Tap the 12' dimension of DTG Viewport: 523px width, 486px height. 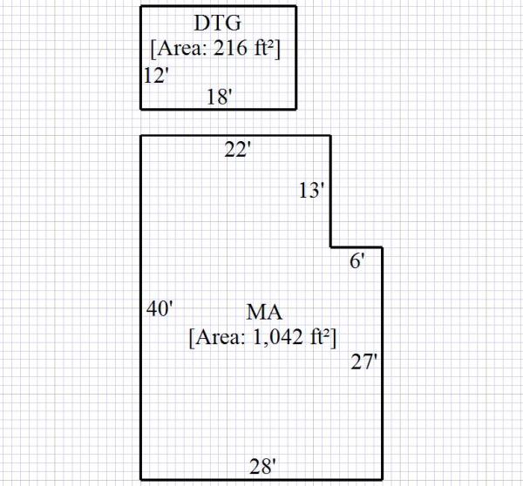(x=156, y=77)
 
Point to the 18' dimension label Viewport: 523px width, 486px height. (x=219, y=97)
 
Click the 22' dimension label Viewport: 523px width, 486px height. (x=237, y=150)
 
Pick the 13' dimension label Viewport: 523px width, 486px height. (x=311, y=191)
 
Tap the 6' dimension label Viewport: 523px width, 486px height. (x=357, y=260)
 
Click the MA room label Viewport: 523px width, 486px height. (x=261, y=312)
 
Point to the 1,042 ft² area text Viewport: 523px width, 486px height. (x=262, y=336)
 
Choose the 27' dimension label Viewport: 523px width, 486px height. (x=363, y=362)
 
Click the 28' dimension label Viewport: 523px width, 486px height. (x=262, y=466)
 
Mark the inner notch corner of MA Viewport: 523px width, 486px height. (x=330, y=247)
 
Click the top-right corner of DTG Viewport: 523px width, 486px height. (x=295, y=7)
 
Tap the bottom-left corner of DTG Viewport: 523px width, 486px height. (x=141, y=109)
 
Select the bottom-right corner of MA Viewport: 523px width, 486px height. (x=382, y=478)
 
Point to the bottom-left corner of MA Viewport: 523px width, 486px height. (x=141, y=478)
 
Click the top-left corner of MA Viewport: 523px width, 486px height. (x=141, y=136)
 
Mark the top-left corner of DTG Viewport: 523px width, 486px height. (x=141, y=7)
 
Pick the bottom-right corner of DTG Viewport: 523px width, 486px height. (x=295, y=109)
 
